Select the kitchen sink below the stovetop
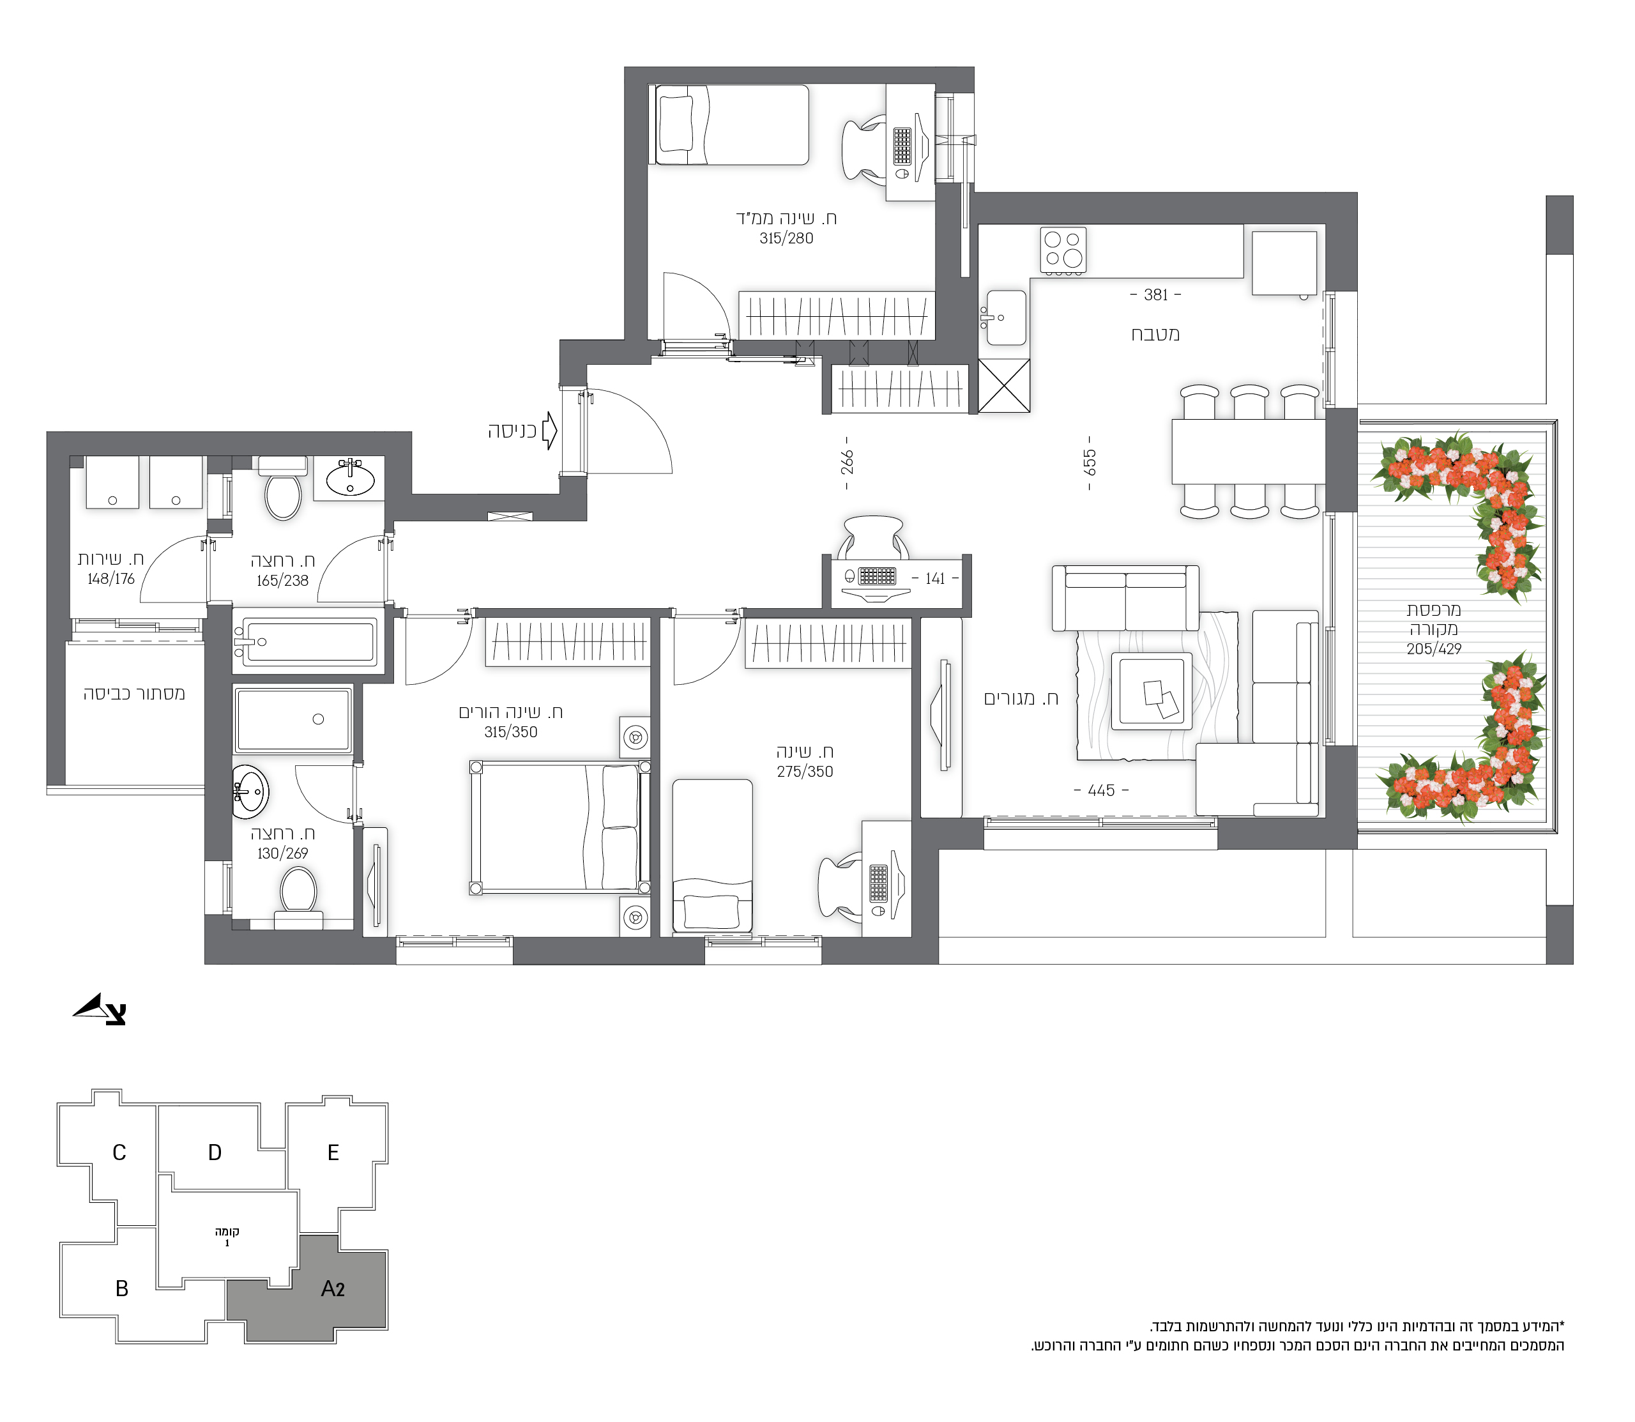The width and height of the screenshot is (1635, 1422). point(1006,317)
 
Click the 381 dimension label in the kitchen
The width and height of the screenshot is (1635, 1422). point(1155,294)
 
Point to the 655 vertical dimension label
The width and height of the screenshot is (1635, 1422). point(1089,462)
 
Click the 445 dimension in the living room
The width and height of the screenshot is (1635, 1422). point(1101,790)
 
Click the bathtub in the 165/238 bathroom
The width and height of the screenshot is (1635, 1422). point(305,640)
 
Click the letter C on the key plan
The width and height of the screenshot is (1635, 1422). point(119,1152)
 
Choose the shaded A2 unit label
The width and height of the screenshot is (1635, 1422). point(332,1288)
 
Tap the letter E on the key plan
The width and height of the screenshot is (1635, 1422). point(333,1152)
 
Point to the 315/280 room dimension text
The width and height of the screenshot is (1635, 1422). point(786,238)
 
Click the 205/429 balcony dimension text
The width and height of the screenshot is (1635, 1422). point(1434,648)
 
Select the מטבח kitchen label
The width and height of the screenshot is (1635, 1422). point(1155,334)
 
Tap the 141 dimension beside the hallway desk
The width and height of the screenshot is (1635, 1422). point(935,579)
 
